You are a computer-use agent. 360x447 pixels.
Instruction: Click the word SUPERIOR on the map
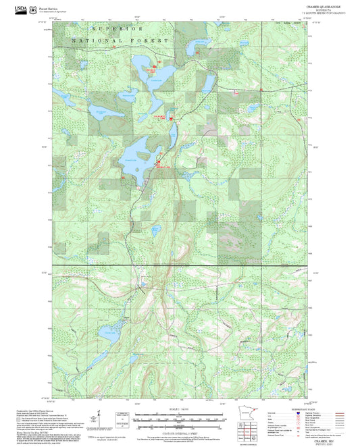(x=118, y=30)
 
